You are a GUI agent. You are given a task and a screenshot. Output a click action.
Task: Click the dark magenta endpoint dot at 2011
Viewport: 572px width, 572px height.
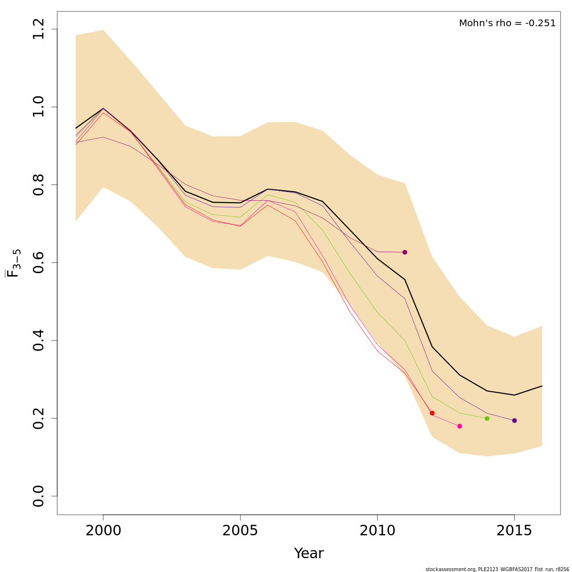point(405,252)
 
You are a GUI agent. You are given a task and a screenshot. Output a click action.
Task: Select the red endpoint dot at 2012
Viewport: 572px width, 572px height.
point(432,413)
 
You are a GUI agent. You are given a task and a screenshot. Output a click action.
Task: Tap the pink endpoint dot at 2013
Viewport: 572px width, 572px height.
point(460,426)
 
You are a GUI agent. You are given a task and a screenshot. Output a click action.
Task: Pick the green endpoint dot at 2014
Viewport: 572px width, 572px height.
point(487,419)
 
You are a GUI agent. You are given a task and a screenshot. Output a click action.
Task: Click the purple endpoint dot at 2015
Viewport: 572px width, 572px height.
point(514,420)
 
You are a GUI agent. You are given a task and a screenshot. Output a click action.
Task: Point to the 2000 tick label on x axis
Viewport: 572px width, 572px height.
point(103,531)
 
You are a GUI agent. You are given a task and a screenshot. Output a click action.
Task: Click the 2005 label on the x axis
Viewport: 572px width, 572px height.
point(240,531)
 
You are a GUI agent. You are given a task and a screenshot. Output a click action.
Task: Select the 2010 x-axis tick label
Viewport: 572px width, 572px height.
point(377,531)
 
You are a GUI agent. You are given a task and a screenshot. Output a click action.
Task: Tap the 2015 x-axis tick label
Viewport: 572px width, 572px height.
point(514,531)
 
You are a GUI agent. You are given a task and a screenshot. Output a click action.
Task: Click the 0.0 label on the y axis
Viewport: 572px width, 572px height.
point(39,496)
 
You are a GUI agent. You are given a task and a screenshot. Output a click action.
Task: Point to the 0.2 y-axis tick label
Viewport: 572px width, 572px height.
point(39,418)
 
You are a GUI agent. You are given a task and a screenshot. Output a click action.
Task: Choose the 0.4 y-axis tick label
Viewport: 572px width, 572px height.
point(39,340)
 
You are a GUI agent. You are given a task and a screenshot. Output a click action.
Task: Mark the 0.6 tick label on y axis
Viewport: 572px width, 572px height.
point(39,263)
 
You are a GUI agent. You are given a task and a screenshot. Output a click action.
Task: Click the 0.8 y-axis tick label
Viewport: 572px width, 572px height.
point(39,185)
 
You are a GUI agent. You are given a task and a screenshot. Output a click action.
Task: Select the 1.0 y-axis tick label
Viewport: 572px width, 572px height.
point(39,107)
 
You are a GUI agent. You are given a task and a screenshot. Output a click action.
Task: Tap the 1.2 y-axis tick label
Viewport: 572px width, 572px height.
point(39,29)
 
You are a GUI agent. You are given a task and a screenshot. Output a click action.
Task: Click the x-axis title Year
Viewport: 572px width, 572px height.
point(309,553)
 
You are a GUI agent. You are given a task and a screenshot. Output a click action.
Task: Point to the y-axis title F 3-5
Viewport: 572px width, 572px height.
point(13,263)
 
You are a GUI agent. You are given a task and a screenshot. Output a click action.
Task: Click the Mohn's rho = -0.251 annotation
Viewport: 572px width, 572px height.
point(507,23)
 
